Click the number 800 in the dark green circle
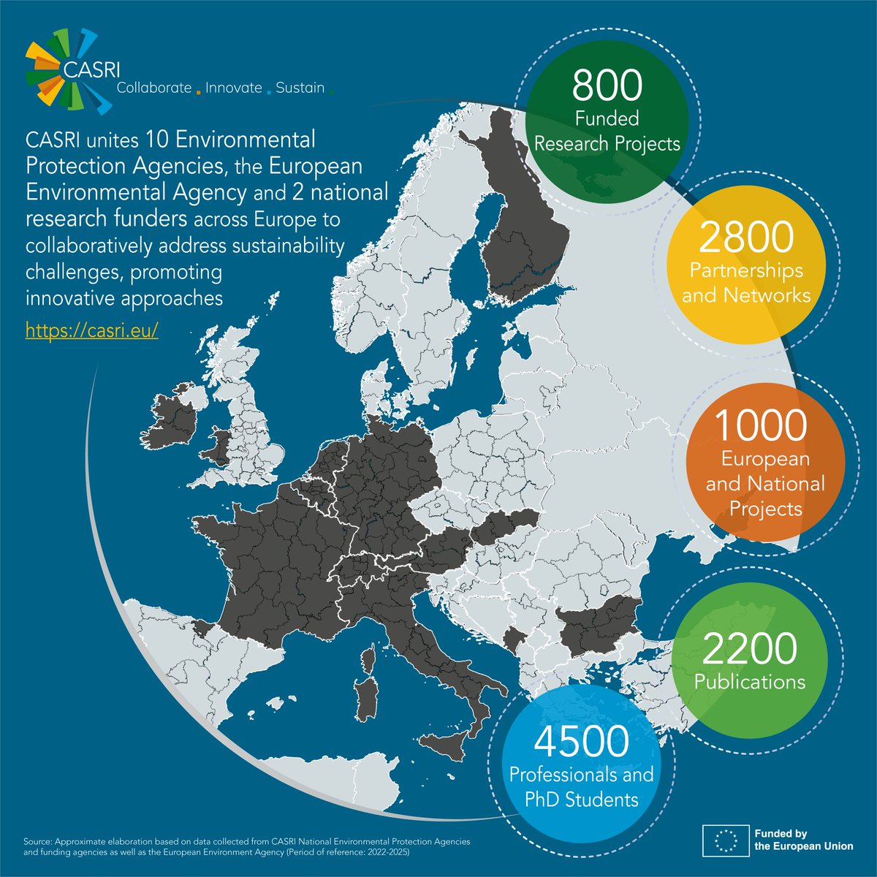[607, 86]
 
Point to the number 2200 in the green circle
[749, 649]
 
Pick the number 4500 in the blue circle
[581, 741]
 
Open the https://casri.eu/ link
[92, 330]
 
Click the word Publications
[750, 682]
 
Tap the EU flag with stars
[724, 840]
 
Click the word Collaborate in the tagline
[149, 88]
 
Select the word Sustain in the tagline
[300, 88]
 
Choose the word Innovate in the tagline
[233, 88]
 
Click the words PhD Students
[582, 799]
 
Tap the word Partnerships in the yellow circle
[746, 270]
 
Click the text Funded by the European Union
[802, 840]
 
